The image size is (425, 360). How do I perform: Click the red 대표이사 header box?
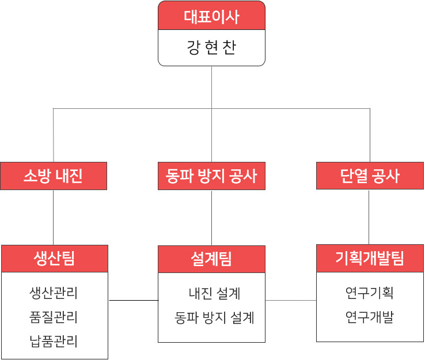coord(211,17)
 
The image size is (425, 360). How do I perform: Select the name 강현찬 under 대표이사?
coord(211,47)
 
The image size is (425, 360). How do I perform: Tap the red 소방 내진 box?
coord(54,176)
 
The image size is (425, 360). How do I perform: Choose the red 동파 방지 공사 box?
coord(211,176)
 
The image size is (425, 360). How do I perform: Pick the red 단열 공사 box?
coord(370,176)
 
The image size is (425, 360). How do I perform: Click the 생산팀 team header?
coord(54,259)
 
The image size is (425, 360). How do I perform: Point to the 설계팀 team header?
coord(211,259)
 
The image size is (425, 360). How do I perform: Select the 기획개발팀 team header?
coord(370,259)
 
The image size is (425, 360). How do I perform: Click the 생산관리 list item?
coord(54,293)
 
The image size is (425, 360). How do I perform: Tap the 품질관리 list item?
coord(54,317)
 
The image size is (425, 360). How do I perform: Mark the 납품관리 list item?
coord(54,341)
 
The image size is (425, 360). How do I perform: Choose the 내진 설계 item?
coord(214,294)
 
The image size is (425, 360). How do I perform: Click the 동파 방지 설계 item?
coord(214,317)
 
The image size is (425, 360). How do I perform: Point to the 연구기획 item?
coord(370,293)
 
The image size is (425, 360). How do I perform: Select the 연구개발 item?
coord(370,317)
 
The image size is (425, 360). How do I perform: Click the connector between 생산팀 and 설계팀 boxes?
coord(133,300)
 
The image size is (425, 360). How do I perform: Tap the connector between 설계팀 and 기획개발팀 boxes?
coord(291,300)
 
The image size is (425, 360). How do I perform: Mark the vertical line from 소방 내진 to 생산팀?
coord(54,217)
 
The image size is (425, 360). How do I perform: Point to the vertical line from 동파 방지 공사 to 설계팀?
coord(211,218)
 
